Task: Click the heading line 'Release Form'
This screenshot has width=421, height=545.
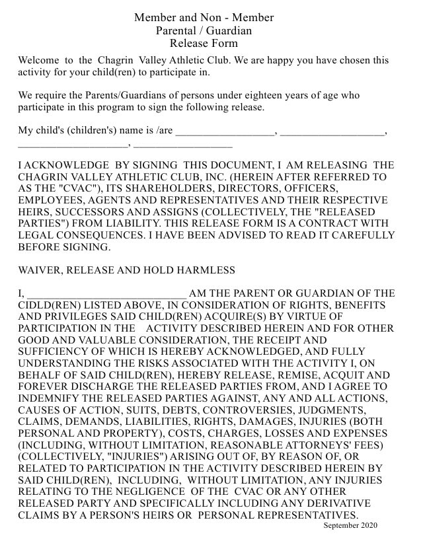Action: [x=204, y=44]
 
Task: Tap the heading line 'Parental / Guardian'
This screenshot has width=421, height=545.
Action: [x=204, y=30]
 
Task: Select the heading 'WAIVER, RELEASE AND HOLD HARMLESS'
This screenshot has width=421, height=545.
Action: [x=126, y=270]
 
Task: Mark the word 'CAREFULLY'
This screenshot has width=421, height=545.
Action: [x=355, y=235]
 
